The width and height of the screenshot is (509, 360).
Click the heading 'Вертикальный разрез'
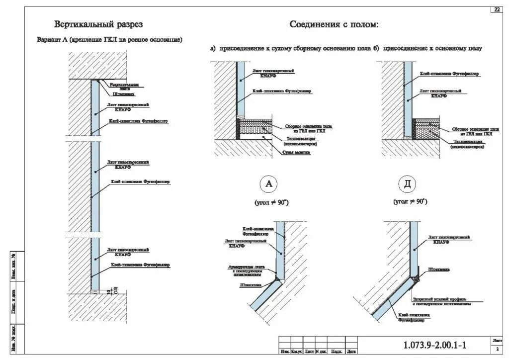click(x=98, y=24)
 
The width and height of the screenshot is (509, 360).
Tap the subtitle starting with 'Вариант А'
click(x=109, y=39)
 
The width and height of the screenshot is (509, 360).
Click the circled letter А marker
click(x=269, y=184)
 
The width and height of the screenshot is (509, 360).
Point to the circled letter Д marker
click(x=408, y=184)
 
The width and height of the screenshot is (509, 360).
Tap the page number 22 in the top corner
click(x=497, y=10)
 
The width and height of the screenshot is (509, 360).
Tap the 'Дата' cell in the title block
click(x=351, y=352)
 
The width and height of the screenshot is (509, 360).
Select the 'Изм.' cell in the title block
click(x=285, y=352)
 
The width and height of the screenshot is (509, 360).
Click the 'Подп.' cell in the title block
click(x=336, y=352)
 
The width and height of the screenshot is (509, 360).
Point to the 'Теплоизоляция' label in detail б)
click(x=467, y=144)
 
